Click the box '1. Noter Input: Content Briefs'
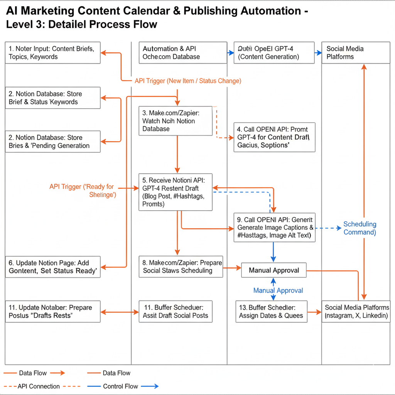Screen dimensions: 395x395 tap(53, 53)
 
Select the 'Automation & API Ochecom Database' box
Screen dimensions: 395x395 tap(183, 53)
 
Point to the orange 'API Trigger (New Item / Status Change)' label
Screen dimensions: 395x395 tap(188, 81)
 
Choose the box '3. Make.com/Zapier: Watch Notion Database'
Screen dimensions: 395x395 tap(176, 121)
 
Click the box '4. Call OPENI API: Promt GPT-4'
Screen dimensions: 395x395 tap(275, 137)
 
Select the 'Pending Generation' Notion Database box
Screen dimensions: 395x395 tap(53, 142)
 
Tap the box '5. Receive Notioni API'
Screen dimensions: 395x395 tap(176, 192)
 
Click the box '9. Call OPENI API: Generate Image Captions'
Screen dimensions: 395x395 tap(275, 227)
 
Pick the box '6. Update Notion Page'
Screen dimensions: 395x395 tap(53, 267)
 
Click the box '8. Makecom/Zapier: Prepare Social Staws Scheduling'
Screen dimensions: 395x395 tap(181, 267)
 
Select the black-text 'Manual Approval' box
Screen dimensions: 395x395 tap(274, 270)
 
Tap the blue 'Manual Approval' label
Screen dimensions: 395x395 tap(278, 290)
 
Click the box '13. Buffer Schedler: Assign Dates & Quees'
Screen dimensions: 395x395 tap(272, 312)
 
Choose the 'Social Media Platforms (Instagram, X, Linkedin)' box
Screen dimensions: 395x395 tap(356, 312)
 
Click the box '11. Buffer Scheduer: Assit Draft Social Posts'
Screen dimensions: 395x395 tap(176, 312)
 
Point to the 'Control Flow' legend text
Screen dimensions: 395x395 tap(121, 386)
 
